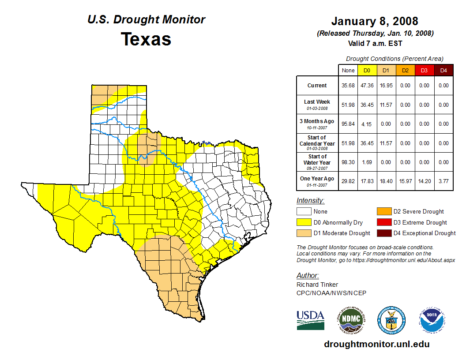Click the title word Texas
coord(146,39)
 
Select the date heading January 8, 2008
coord(375,21)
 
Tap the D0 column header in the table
coord(367,70)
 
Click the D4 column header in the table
coord(443,70)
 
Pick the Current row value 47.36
coord(367,86)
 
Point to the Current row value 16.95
coord(386,86)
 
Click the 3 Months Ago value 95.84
coord(348,124)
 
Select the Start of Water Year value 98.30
coord(348,162)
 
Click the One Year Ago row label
coord(317,179)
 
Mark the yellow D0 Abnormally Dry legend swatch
coord(304,222)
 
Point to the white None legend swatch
coord(304,212)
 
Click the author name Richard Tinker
coord(317,285)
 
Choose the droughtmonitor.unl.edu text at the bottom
coord(376,344)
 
